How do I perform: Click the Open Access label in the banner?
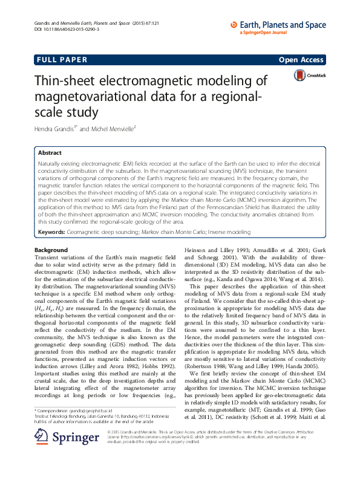coord(303,61)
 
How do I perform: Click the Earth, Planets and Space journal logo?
coord(279,26)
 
